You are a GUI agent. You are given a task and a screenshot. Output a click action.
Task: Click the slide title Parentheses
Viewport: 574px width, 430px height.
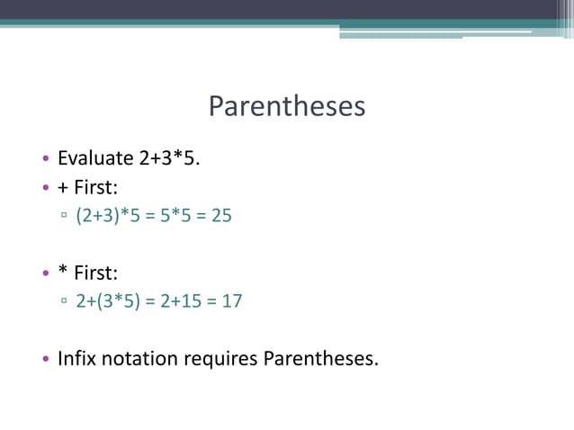[x=287, y=107]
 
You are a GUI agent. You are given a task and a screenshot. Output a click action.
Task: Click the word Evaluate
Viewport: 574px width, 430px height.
[x=95, y=159]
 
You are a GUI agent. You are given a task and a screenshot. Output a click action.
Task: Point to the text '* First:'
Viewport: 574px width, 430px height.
[x=87, y=273]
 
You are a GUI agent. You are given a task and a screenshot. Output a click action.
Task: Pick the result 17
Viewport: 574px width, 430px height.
[x=232, y=301]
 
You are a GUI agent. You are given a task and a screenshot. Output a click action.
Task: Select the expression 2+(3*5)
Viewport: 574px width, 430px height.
[x=108, y=301]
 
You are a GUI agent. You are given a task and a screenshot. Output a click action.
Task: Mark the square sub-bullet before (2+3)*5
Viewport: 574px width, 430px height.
[x=65, y=218]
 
